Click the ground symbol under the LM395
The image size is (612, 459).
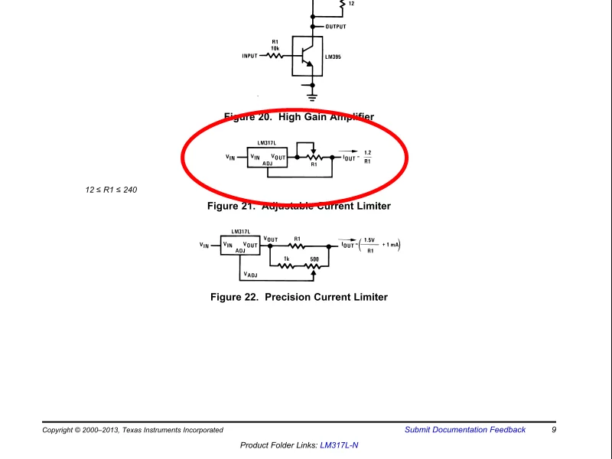pos(312,96)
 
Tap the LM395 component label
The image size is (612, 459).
pos(333,57)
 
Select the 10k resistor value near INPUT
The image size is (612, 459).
pos(275,48)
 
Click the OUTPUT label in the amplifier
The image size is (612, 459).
pos(336,27)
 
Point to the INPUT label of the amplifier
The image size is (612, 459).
pos(249,56)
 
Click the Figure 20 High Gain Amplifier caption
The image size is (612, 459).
pos(299,117)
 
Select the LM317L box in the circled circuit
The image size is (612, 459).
pos(267,158)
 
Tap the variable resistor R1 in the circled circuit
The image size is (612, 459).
pos(314,157)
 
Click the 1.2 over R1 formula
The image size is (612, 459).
pos(367,157)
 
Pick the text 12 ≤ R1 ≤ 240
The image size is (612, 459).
pos(111,190)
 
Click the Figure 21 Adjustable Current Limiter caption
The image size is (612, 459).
pos(299,206)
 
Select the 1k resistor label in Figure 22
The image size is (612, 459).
pos(286,259)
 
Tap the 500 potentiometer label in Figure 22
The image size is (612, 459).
pos(314,259)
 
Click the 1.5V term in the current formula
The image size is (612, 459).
pos(370,240)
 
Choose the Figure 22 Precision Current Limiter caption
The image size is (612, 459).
pos(299,297)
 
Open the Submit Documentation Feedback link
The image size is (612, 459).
pos(465,430)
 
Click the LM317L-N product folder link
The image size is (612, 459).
pos(339,445)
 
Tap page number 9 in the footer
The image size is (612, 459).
pos(554,430)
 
